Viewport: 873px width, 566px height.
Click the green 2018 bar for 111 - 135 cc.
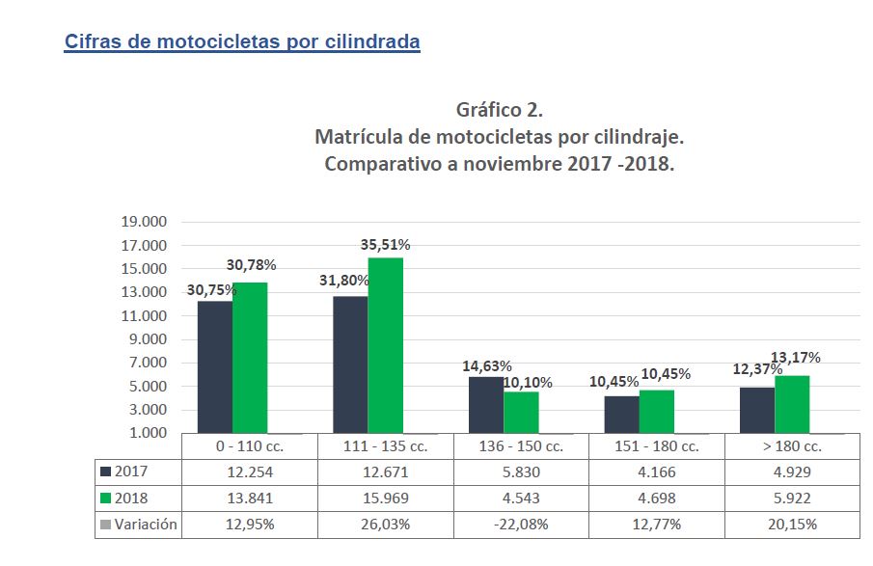tap(386, 345)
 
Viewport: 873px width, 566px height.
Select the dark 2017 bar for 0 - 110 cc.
tap(214, 366)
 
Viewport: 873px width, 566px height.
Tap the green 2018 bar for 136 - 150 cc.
tap(521, 412)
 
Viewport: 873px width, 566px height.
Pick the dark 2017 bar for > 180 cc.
tap(757, 410)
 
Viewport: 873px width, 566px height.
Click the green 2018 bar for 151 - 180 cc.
tap(657, 411)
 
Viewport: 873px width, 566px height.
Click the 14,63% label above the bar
tap(487, 366)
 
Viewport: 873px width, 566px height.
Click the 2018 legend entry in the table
tap(124, 499)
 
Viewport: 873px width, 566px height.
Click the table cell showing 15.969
tap(385, 499)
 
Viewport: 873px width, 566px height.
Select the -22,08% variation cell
tap(521, 525)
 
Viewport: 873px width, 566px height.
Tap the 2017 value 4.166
tap(657, 472)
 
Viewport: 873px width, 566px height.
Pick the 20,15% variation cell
tap(792, 525)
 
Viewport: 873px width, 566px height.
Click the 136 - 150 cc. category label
tap(521, 446)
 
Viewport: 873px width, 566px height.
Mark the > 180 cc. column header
tap(792, 446)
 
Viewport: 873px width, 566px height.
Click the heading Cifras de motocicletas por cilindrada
tap(242, 42)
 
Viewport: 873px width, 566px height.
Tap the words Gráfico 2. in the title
tap(499, 109)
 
